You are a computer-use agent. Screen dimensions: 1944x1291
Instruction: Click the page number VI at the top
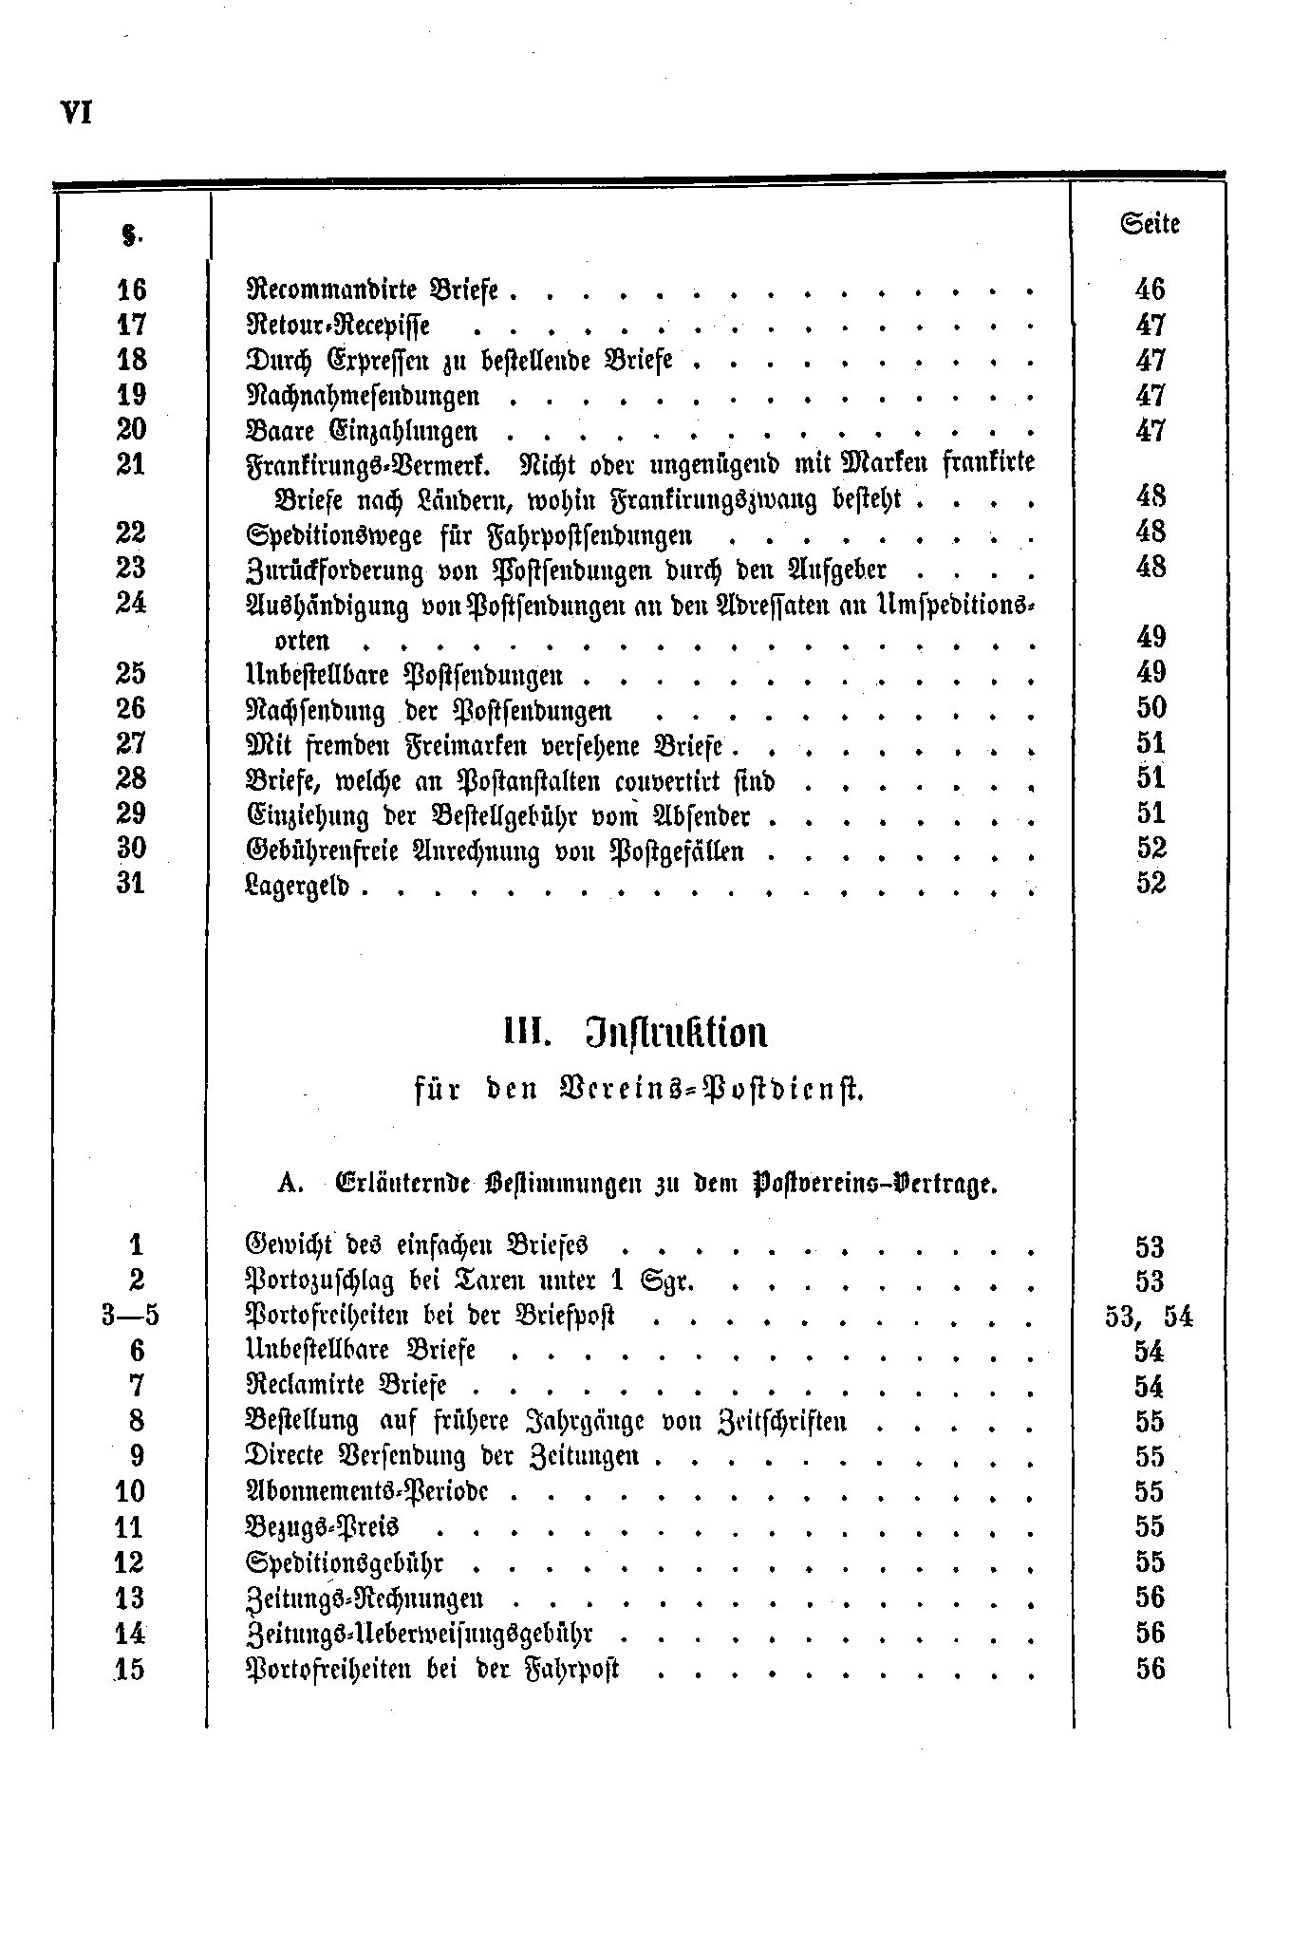click(x=75, y=112)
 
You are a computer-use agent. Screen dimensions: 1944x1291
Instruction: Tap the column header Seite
click(x=1150, y=225)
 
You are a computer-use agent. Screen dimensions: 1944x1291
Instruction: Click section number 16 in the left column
click(x=131, y=290)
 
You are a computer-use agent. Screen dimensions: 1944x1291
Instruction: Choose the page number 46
click(x=1150, y=290)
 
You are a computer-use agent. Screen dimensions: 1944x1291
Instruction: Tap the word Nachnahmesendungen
click(x=363, y=396)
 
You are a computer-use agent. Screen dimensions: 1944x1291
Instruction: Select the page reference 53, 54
click(x=1149, y=1317)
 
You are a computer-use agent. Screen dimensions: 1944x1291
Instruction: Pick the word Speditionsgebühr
click(x=345, y=1562)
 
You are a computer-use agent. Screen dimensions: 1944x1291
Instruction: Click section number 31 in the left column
click(x=131, y=884)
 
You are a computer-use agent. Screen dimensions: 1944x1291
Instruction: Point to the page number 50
click(x=1151, y=708)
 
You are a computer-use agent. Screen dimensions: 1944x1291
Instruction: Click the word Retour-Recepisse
click(x=338, y=326)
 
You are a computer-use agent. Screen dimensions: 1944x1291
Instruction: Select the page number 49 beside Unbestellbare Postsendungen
click(x=1151, y=673)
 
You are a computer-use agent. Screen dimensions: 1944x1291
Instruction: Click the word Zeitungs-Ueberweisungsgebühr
click(x=419, y=1634)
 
